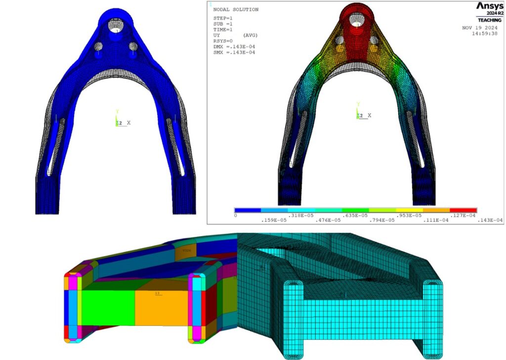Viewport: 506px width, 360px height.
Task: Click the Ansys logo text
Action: point(489,6)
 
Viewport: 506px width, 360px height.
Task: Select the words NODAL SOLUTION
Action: point(235,9)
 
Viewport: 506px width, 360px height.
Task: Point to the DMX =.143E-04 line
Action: point(234,46)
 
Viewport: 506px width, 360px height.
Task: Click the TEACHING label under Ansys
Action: point(489,20)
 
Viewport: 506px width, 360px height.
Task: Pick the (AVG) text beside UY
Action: point(251,36)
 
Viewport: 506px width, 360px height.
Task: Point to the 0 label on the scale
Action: point(236,215)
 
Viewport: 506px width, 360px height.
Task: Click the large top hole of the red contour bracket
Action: point(355,19)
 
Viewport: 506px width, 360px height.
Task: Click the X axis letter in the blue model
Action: point(129,122)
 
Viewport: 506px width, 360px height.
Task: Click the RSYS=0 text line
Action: point(223,41)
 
